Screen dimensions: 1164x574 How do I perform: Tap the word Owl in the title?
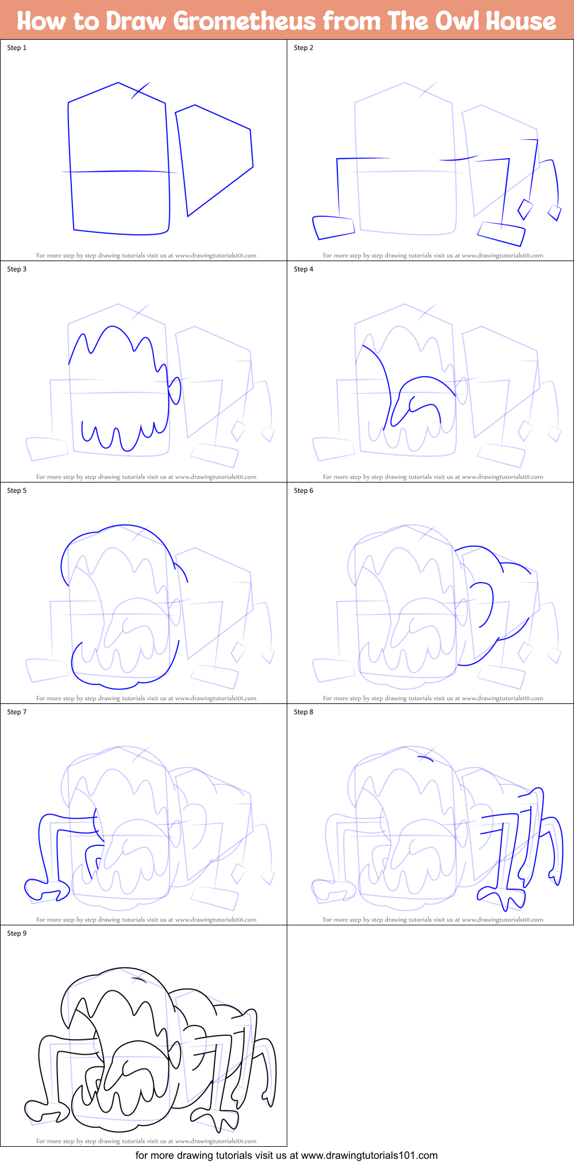click(453, 21)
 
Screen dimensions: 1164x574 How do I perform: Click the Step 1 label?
click(17, 48)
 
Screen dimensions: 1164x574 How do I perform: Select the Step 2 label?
click(303, 48)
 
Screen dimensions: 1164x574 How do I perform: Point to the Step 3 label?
click(17, 269)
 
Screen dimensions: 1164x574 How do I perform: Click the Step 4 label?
click(303, 269)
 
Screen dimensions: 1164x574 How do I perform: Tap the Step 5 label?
click(17, 491)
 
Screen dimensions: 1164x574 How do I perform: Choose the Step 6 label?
click(303, 491)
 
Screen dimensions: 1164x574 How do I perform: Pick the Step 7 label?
click(17, 712)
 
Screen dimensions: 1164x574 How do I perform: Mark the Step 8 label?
click(303, 712)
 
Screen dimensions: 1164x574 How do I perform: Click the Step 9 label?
click(17, 933)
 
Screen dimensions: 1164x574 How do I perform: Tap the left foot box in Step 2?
click(334, 227)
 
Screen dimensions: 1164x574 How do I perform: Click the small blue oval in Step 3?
click(175, 390)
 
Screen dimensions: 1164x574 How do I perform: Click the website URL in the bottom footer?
click(369, 1155)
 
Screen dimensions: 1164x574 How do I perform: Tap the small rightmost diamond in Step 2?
click(554, 212)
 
